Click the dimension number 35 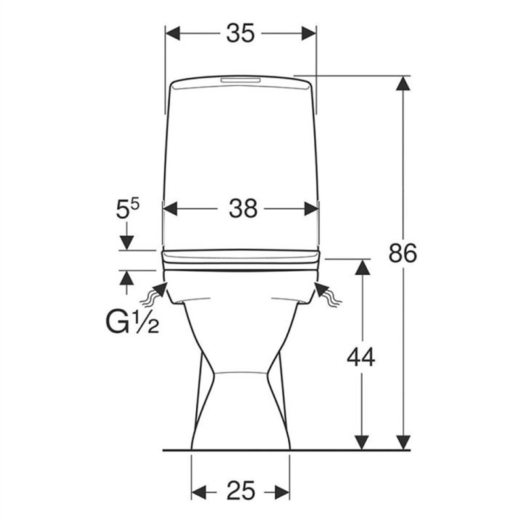(240, 33)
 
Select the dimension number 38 (243, 208)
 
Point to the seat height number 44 (361, 356)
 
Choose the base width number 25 (241, 491)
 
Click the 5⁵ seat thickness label (127, 209)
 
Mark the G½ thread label (132, 322)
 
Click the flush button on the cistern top (240, 81)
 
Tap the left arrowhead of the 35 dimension (173, 33)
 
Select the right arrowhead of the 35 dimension (309, 33)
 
